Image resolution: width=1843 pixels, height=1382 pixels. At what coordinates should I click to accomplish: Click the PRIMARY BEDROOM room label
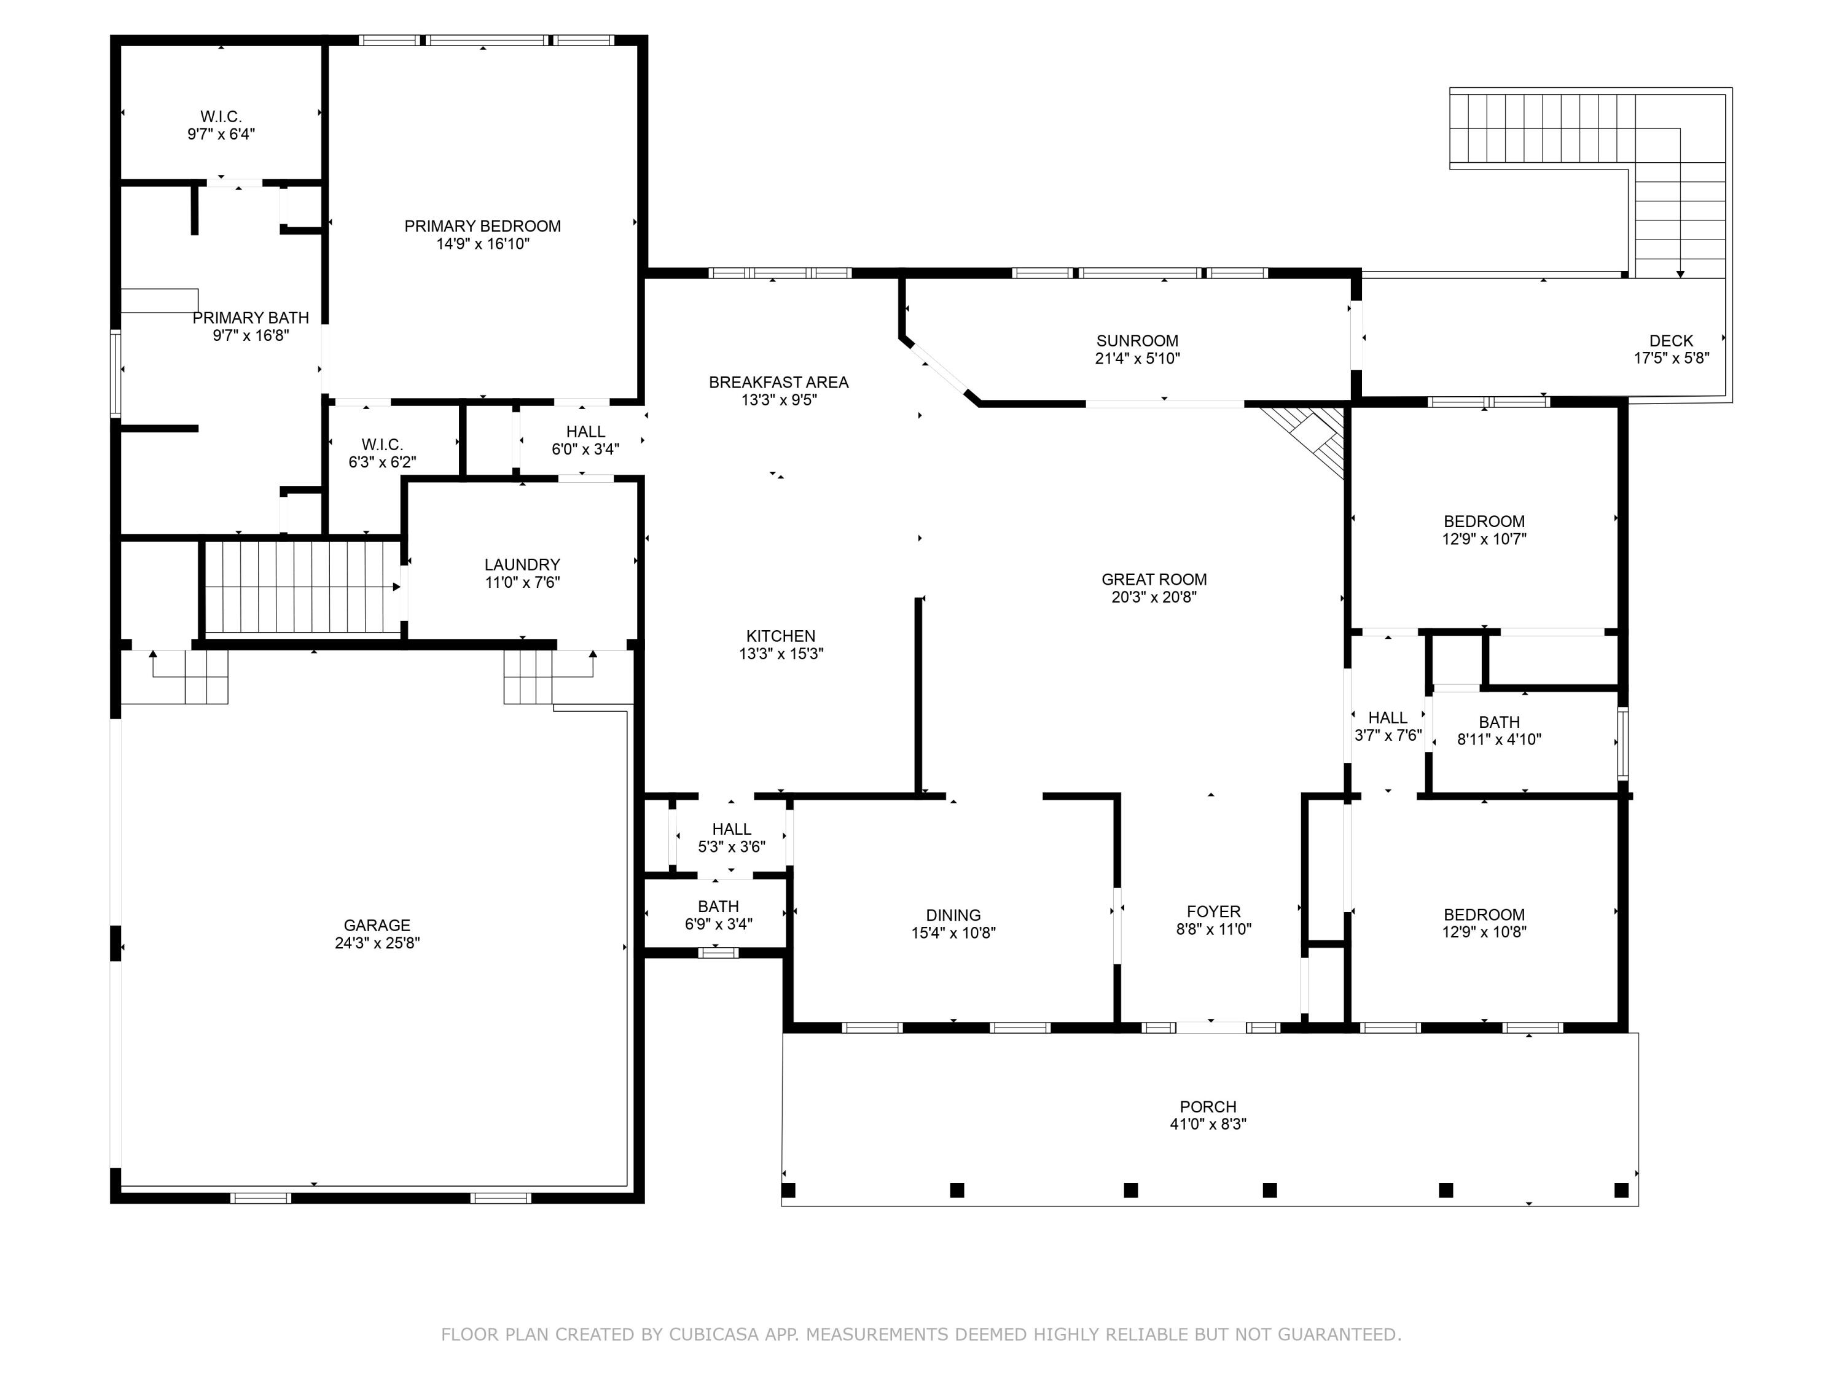pyautogui.click(x=482, y=227)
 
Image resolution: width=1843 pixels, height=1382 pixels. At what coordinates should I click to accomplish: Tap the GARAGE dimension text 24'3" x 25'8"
pyautogui.click(x=377, y=943)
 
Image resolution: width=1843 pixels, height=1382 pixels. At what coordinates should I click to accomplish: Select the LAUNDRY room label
pyautogui.click(x=522, y=565)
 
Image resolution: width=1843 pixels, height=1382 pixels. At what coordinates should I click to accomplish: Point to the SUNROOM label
pyautogui.click(x=1137, y=341)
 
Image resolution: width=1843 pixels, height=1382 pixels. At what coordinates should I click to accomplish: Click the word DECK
pyautogui.click(x=1672, y=341)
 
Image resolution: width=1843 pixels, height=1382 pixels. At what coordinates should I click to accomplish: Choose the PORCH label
pyautogui.click(x=1208, y=1107)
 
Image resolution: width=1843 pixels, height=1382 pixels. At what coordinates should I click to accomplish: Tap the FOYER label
pyautogui.click(x=1214, y=912)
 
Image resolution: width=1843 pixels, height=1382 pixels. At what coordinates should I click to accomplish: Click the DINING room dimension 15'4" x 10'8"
pyautogui.click(x=953, y=933)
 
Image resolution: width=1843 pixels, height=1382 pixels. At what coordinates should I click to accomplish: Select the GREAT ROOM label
pyautogui.click(x=1154, y=580)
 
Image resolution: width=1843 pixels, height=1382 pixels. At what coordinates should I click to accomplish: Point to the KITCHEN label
pyautogui.click(x=781, y=636)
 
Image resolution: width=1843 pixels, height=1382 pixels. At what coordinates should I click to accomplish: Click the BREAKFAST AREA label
pyautogui.click(x=779, y=383)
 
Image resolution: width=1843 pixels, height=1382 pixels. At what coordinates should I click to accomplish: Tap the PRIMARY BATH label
pyautogui.click(x=251, y=318)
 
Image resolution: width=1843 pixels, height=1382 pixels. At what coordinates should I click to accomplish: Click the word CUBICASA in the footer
pyautogui.click(x=714, y=1335)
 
